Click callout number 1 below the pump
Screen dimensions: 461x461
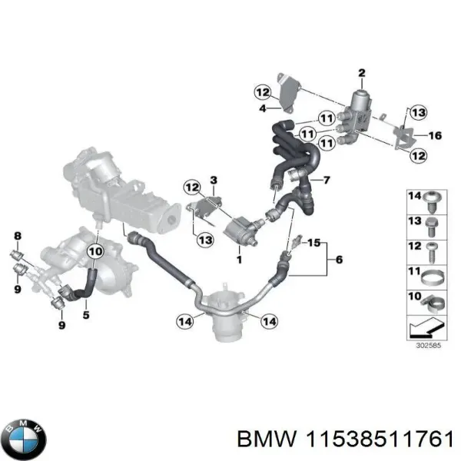click(x=238, y=260)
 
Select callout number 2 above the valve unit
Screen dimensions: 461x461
click(x=360, y=74)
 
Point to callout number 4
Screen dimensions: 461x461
click(x=262, y=109)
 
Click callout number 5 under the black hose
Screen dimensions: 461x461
click(x=86, y=314)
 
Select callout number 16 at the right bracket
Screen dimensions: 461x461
click(x=434, y=136)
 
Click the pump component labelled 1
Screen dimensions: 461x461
click(x=241, y=229)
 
